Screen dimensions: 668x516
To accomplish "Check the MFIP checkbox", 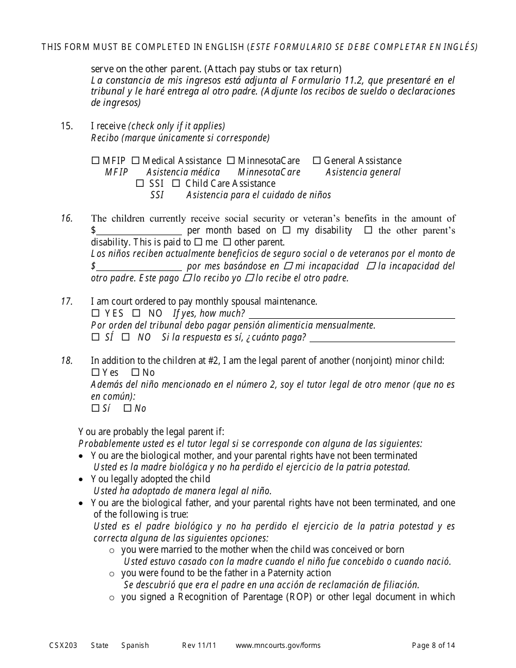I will click(x=96, y=161).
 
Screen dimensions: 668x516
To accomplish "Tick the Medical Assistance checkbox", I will click(x=136, y=161).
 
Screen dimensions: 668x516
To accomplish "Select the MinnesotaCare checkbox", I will click(x=231, y=161).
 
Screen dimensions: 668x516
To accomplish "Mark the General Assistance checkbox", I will click(x=317, y=161).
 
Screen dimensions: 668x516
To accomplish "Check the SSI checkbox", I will click(x=140, y=184).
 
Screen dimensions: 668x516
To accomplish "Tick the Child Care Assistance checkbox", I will click(x=176, y=184).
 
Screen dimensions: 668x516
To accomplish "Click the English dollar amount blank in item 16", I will click(x=139, y=231).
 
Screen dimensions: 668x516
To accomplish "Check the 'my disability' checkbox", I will click(x=287, y=230).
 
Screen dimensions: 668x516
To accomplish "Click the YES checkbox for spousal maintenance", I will click(x=96, y=313).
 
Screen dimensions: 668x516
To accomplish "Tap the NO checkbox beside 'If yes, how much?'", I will click(x=137, y=313).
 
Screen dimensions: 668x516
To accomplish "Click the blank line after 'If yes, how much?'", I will click(x=351, y=314).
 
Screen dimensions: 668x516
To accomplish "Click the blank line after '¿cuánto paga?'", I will click(x=382, y=338).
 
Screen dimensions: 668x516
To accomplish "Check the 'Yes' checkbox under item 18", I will click(x=96, y=373).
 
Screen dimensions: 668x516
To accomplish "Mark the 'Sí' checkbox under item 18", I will click(x=96, y=408).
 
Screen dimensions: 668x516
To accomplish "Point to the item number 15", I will click(x=66, y=126).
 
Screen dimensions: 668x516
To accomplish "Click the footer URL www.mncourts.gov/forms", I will click(x=278, y=645).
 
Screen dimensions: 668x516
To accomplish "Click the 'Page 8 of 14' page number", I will click(x=433, y=645).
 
